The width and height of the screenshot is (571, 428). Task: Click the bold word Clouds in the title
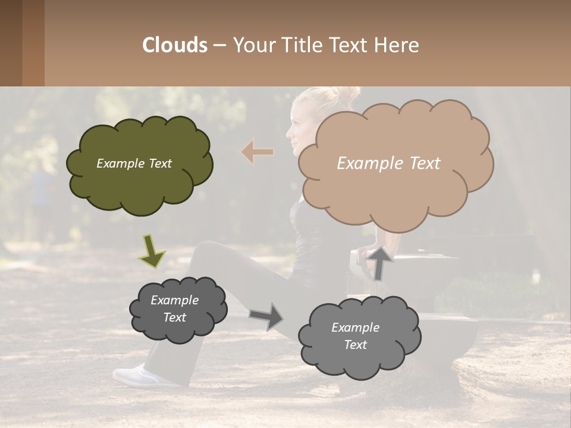click(x=175, y=45)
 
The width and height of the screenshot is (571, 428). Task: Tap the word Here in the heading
click(x=398, y=45)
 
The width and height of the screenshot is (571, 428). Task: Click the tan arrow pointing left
click(x=258, y=152)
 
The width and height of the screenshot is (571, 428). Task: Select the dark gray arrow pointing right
click(x=267, y=316)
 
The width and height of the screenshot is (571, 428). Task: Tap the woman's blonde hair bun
click(x=348, y=93)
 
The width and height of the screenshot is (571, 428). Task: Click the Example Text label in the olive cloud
click(x=134, y=163)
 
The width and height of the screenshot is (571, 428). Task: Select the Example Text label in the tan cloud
click(x=388, y=163)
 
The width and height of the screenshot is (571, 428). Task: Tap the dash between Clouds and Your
click(x=219, y=45)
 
